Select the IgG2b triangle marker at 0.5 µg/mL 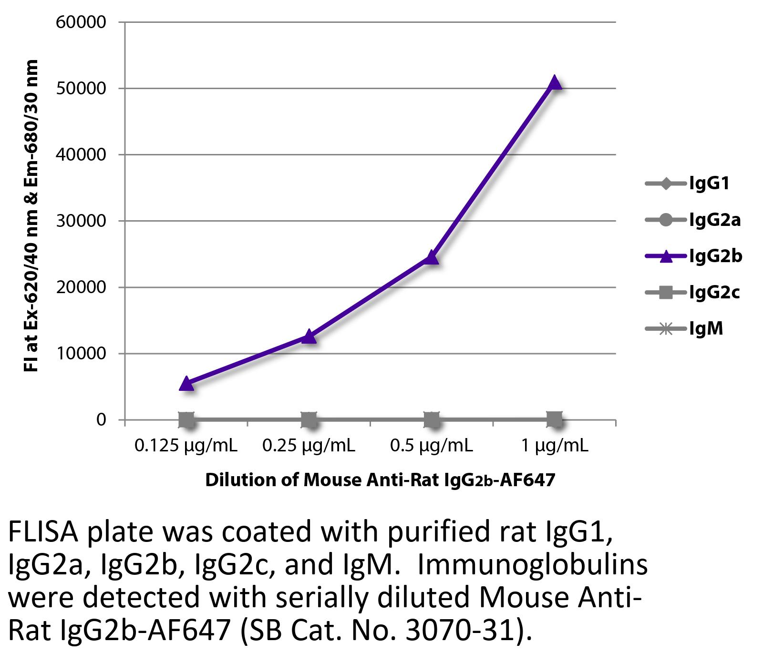(x=432, y=257)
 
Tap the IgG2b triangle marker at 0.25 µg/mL (x=309, y=337)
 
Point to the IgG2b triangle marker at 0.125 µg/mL (x=186, y=384)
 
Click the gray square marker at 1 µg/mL (x=554, y=420)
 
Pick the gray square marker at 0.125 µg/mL (x=186, y=420)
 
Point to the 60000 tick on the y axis (x=81, y=22)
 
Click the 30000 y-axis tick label (x=81, y=221)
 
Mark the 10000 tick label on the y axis (x=81, y=354)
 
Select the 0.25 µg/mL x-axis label (x=309, y=446)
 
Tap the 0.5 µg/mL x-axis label (x=431, y=446)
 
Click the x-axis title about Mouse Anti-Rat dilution (x=380, y=480)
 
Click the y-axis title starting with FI (x=31, y=215)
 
